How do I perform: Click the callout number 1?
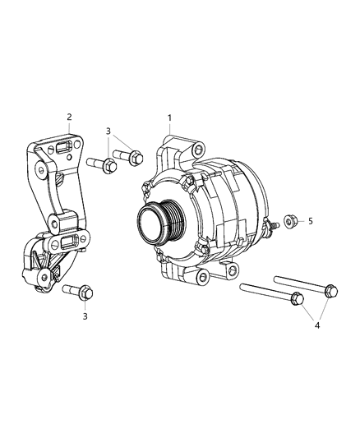click(x=169, y=118)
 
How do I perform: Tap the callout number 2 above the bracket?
click(x=69, y=117)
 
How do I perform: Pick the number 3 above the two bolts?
click(x=108, y=131)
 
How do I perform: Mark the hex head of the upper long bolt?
click(x=330, y=288)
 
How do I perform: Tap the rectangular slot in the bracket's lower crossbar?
click(x=69, y=241)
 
